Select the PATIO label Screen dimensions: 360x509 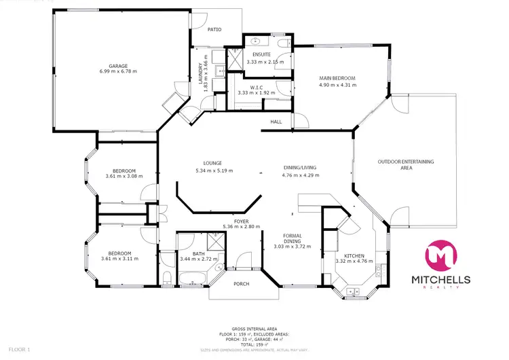(x=215, y=30)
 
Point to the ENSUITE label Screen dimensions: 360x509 (x=261, y=54)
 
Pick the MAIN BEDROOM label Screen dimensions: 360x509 (x=337, y=78)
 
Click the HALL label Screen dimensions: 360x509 (x=276, y=122)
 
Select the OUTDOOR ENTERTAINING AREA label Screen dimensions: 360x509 (x=406, y=164)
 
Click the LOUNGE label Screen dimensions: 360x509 (x=213, y=163)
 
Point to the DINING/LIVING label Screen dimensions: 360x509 (x=299, y=168)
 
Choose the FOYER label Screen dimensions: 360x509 (x=242, y=221)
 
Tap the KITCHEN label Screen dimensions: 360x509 (x=355, y=255)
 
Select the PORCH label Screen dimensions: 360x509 (x=241, y=284)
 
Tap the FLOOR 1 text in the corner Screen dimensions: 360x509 (x=15, y=349)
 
